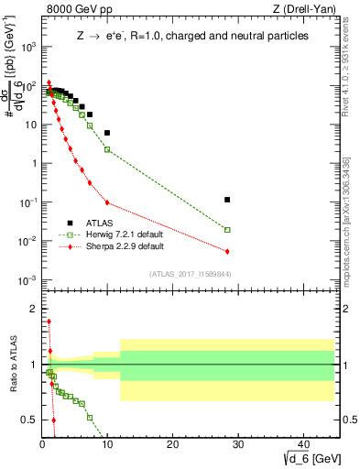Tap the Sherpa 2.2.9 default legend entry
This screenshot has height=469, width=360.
click(x=113, y=246)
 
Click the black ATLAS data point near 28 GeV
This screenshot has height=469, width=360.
click(x=227, y=200)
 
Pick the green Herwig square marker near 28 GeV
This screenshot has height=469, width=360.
click(x=227, y=230)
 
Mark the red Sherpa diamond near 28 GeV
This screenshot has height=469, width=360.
click(x=227, y=251)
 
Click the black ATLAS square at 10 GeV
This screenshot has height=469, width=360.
click(x=107, y=133)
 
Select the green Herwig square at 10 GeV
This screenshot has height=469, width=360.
click(x=107, y=149)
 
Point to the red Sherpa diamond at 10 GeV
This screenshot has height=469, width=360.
click(x=107, y=202)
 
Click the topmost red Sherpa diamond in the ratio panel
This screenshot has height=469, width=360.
click(x=49, y=322)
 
